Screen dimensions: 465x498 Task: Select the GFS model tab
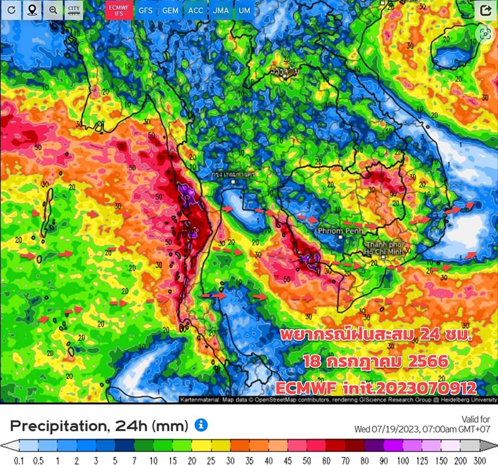(145, 11)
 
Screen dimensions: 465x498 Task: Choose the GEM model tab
(169, 11)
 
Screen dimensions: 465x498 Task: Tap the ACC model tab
(195, 11)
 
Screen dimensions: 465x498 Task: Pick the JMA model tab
(220, 11)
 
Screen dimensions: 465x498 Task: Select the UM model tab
(245, 11)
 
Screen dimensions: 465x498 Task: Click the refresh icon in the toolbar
(12, 11)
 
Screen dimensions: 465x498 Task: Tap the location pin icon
(32, 11)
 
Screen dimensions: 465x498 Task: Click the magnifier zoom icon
(53, 11)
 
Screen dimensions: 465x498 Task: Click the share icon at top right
(485, 11)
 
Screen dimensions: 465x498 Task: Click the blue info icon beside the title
(200, 425)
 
